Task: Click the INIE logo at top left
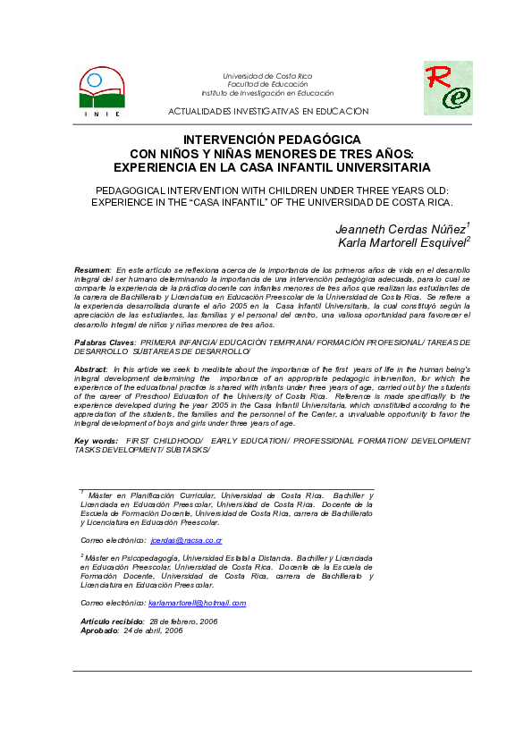[x=101, y=90]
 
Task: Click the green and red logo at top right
[x=448, y=88]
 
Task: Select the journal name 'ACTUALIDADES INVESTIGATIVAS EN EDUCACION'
[x=268, y=111]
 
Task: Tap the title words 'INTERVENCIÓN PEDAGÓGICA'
[x=272, y=140]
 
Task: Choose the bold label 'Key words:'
[x=96, y=442]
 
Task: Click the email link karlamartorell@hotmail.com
[x=197, y=603]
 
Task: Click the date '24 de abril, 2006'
[x=154, y=630]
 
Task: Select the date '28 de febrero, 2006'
[x=183, y=621]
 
